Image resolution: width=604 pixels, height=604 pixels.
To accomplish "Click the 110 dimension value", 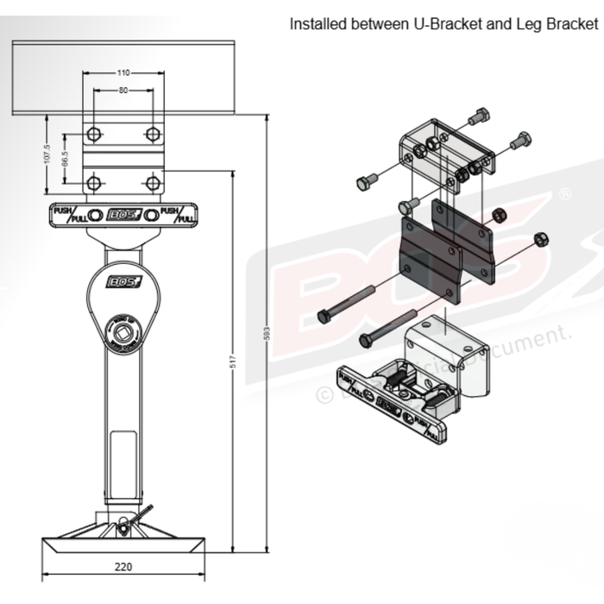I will [123, 73].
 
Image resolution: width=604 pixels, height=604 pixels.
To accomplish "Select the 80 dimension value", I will [123, 90].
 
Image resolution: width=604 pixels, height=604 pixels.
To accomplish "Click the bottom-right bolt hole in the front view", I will [153, 183].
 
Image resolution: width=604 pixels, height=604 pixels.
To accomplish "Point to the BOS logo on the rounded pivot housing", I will [120, 282].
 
